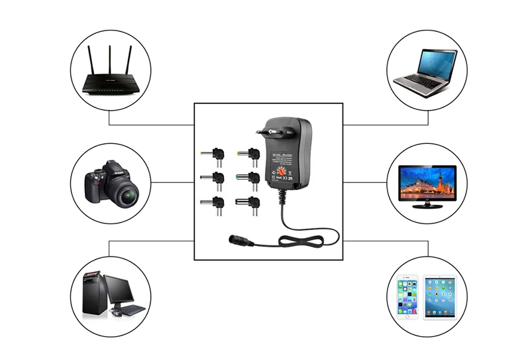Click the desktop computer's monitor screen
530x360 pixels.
coord(119,288)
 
